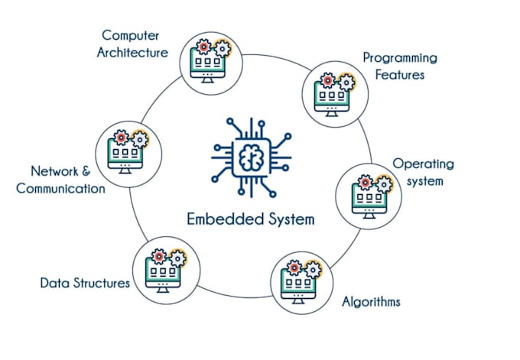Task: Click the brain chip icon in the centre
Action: click(250, 157)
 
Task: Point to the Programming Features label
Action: click(399, 66)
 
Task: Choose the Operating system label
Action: click(423, 173)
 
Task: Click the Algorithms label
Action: click(371, 301)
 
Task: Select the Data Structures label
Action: click(85, 284)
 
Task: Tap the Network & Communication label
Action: click(61, 180)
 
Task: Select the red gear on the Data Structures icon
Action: click(158, 255)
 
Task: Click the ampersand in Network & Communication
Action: click(86, 172)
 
